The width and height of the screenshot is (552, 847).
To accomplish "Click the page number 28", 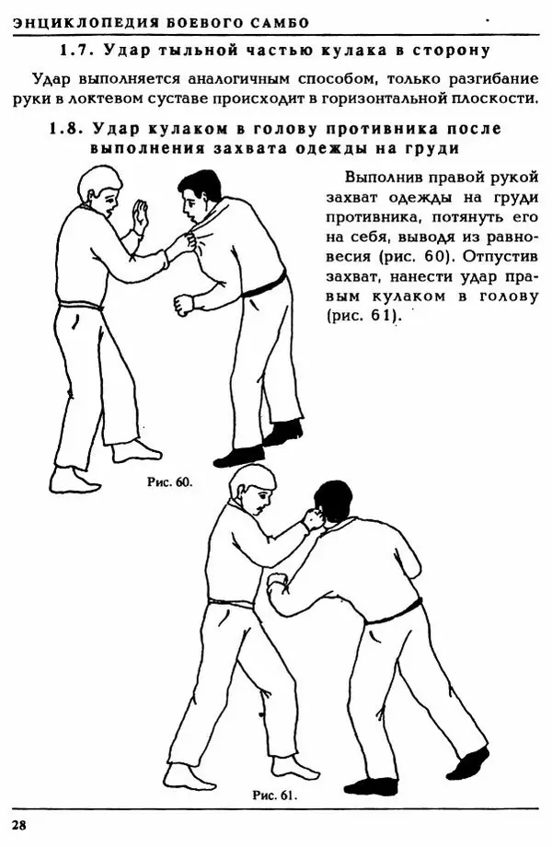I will pos(19,824).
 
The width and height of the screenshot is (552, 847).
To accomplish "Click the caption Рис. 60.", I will pos(169,482).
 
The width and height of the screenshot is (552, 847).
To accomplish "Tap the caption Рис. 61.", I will pos(274,794).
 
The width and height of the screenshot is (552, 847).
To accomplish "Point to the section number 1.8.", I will pos(66,130).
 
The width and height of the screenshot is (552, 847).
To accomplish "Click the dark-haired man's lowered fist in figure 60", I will pos(185,304).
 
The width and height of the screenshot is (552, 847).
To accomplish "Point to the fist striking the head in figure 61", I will pos(314,519).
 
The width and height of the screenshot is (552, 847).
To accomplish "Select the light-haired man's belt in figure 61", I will pos(231,603).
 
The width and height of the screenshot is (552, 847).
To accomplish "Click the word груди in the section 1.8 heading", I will pos(436,148).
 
